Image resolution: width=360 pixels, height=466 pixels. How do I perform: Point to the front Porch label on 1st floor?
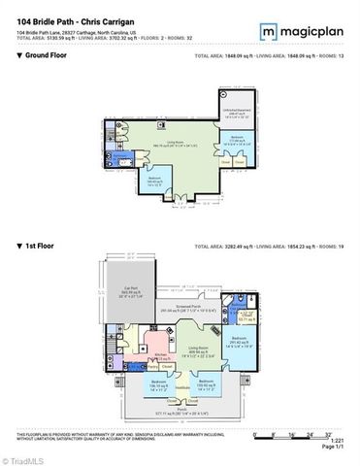179,411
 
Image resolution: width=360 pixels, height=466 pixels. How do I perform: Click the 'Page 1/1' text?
334,447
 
